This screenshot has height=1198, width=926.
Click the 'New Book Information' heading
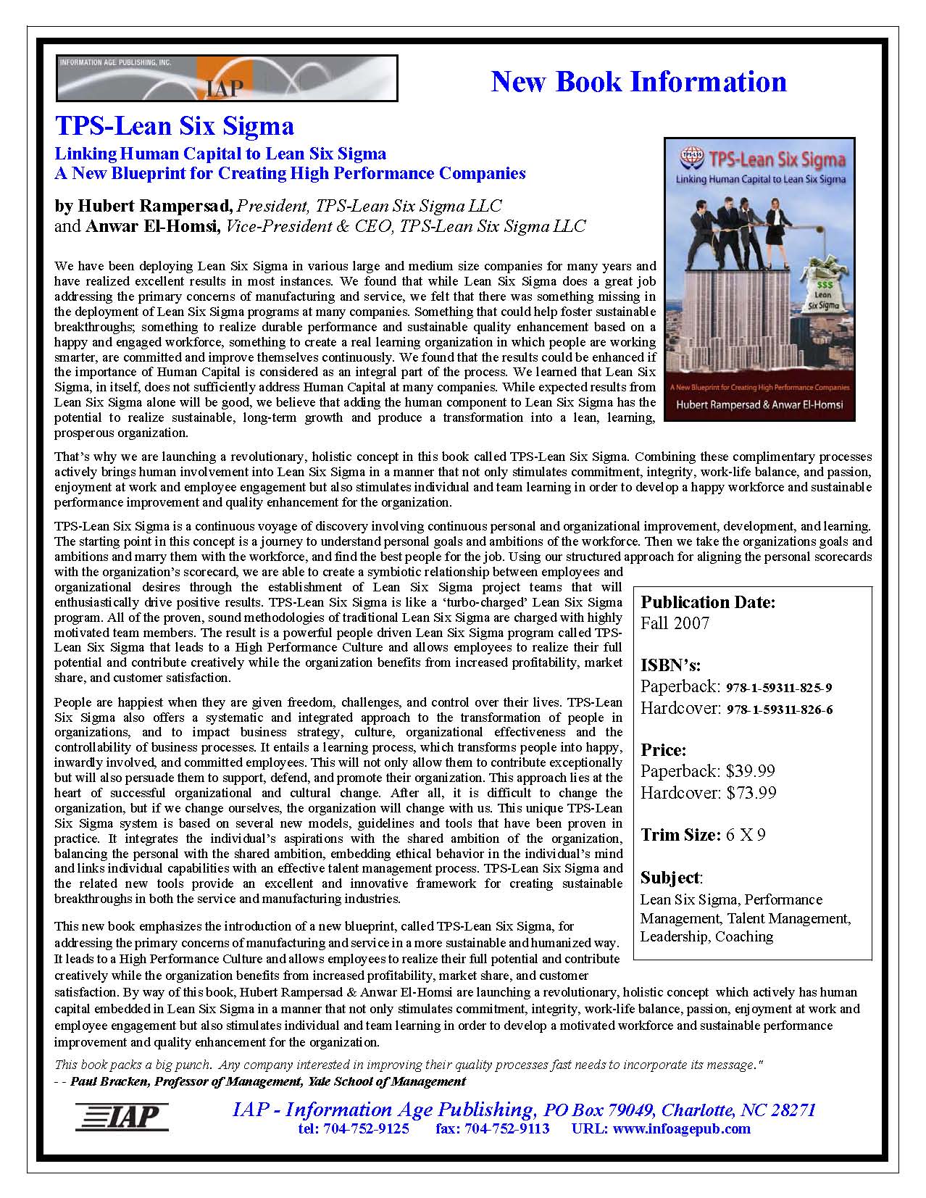tap(638, 81)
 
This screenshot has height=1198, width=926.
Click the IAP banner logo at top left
tap(227, 78)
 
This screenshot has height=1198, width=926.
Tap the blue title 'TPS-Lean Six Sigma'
tap(175, 126)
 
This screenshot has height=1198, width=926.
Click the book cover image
tap(759, 279)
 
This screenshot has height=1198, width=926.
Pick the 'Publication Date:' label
tap(708, 602)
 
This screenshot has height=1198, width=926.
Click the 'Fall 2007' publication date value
tap(675, 623)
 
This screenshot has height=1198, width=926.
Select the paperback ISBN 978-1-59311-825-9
tap(779, 688)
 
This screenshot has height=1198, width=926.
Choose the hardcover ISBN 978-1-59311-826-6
tap(779, 710)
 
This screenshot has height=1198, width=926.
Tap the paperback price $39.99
tap(751, 771)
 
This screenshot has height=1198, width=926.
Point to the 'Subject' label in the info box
tap(670, 878)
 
